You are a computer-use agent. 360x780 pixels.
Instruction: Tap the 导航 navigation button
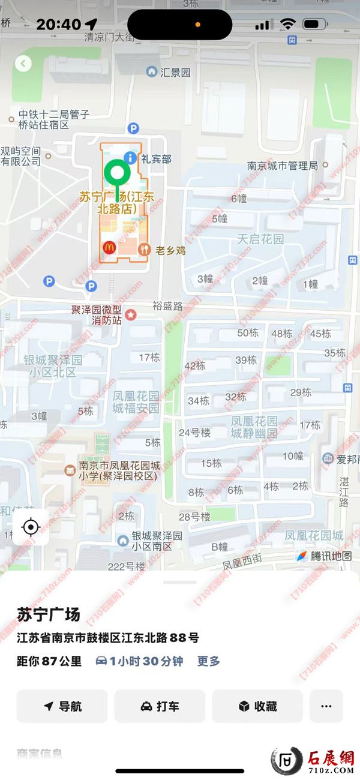[62, 706]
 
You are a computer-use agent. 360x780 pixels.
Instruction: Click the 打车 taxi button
[160, 706]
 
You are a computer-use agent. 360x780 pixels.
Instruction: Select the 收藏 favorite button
[257, 706]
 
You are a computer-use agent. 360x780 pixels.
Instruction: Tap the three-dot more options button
[326, 706]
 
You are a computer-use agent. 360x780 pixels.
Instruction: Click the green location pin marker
[117, 174]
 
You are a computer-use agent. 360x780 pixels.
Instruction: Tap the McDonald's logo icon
[109, 247]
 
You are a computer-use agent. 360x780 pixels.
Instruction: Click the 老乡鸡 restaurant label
[170, 250]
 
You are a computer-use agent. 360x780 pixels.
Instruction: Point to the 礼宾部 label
[156, 159]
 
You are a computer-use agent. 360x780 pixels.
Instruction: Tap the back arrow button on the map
[23, 63]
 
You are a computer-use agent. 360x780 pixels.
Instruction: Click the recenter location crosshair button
[31, 527]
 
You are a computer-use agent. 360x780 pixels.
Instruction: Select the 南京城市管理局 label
[283, 166]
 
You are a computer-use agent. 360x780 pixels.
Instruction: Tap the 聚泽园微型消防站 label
[97, 315]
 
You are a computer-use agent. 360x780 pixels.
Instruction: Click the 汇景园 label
[175, 73]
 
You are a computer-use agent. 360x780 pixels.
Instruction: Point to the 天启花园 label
[260, 239]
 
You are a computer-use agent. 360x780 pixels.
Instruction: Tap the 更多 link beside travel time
[209, 661]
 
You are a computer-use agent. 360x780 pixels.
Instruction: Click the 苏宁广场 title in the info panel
[48, 615]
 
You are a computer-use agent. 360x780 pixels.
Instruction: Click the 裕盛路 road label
[167, 305]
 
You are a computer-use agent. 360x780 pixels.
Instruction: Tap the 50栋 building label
[248, 333]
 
